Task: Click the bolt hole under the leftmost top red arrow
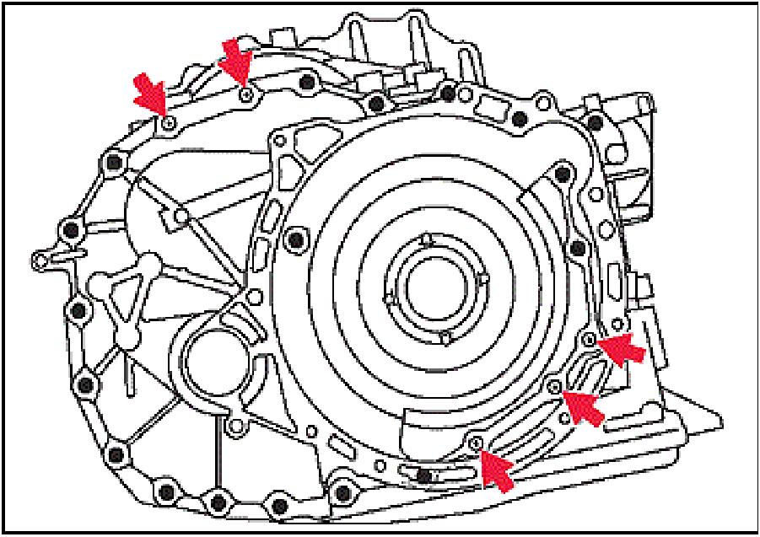point(169,123)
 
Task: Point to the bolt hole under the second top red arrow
point(245,94)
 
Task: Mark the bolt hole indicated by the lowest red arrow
point(477,443)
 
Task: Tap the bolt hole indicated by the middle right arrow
point(554,386)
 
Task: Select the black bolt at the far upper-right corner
point(596,123)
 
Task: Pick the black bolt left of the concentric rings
point(294,240)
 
